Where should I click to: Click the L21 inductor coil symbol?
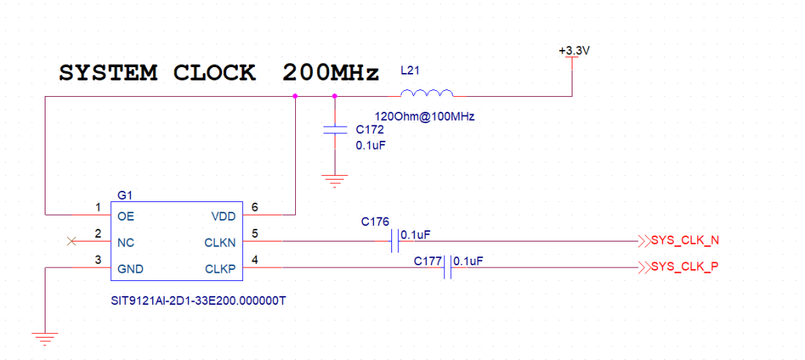pyautogui.click(x=426, y=93)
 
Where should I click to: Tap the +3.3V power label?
pyautogui.click(x=573, y=51)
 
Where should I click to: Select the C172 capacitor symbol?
pyautogui.click(x=335, y=130)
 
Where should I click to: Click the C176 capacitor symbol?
pyautogui.click(x=394, y=240)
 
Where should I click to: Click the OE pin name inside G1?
pyautogui.click(x=126, y=217)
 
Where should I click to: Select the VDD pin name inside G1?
pyautogui.click(x=224, y=217)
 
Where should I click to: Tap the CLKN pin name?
pyautogui.click(x=221, y=243)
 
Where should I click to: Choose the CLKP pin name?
pyautogui.click(x=221, y=269)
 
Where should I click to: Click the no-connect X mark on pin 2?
pyautogui.click(x=72, y=241)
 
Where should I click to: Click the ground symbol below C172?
pyautogui.click(x=335, y=181)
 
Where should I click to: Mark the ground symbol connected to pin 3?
pyautogui.click(x=45, y=338)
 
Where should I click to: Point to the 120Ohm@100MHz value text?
pyautogui.click(x=425, y=116)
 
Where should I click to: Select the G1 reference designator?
pyautogui.click(x=124, y=195)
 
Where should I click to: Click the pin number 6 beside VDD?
pyautogui.click(x=254, y=207)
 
